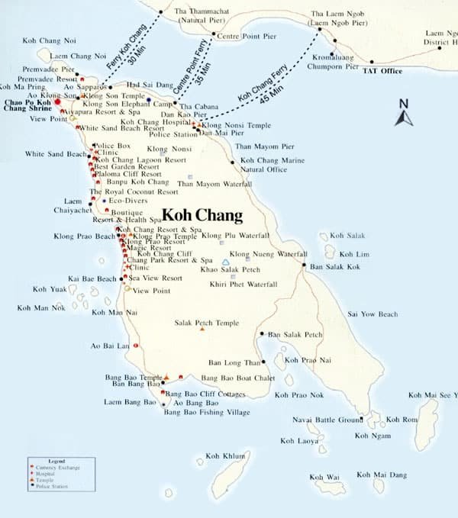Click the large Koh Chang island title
point(202,215)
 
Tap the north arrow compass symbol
point(404,114)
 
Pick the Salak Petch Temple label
point(206,323)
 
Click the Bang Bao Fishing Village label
point(206,413)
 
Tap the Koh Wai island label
point(324,478)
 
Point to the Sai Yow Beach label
point(373,314)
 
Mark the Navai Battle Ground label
point(327,420)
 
